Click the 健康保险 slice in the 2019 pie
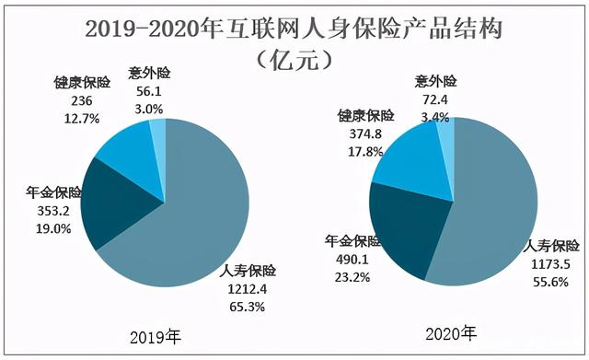129,147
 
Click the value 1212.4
248,288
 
